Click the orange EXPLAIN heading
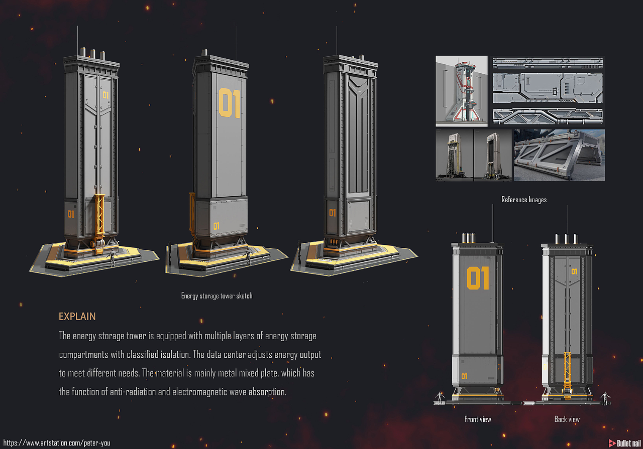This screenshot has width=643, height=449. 77,316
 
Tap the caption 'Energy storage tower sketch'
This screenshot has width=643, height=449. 217,295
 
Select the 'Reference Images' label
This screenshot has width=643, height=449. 524,200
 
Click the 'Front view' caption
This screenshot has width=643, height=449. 478,419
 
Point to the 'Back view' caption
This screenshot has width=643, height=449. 567,419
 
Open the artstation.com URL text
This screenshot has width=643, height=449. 57,443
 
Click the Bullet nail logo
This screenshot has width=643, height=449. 624,443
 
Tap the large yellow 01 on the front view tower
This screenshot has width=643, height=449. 478,278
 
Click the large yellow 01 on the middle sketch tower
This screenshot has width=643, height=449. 230,103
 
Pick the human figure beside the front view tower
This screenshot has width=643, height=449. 440,398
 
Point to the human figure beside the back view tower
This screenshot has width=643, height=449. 605,398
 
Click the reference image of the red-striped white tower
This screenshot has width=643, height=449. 461,91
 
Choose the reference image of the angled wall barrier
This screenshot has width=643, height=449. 559,155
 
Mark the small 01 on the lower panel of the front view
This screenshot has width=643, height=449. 464,376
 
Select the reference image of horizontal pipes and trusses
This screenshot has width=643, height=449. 548,116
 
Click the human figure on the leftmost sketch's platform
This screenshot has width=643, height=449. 112,257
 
